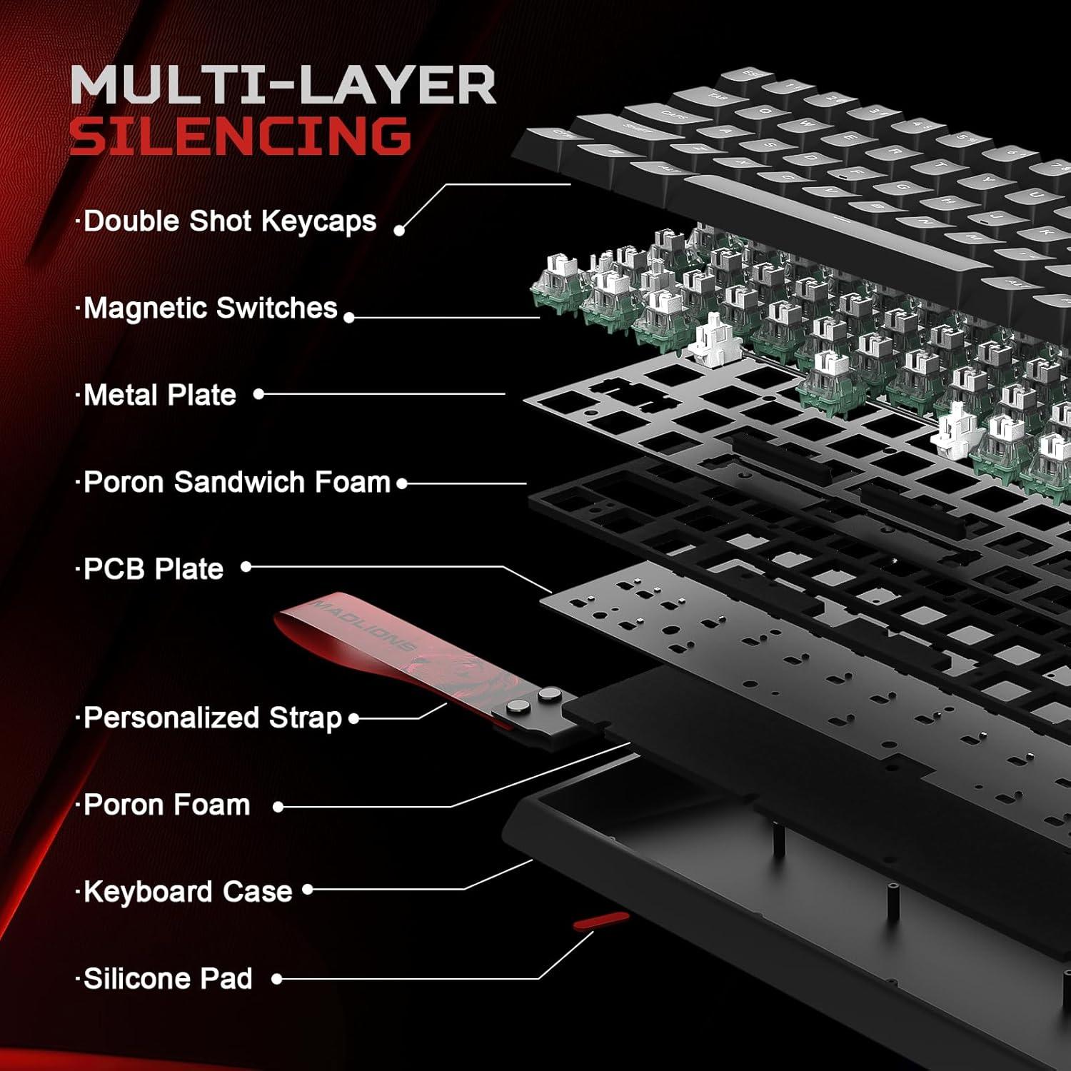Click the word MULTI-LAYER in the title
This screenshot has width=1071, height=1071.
283,85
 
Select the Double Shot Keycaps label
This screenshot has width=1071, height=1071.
229,221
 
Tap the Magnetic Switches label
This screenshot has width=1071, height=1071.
210,308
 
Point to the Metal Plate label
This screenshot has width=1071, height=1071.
159,395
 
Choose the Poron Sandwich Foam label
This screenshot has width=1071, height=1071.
237,482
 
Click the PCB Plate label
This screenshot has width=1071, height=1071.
154,569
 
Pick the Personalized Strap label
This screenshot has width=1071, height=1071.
213,718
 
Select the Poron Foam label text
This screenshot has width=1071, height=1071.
167,805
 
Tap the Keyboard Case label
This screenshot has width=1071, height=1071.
188,892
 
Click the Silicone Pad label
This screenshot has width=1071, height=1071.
168,979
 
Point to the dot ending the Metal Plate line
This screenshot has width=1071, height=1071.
258,394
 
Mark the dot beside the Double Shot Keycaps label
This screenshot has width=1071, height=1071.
399,230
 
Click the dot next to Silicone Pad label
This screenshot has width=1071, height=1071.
277,980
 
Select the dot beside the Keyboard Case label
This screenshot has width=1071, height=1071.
308,890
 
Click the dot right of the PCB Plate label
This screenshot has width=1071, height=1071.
246,567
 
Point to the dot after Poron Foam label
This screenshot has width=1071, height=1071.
278,807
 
